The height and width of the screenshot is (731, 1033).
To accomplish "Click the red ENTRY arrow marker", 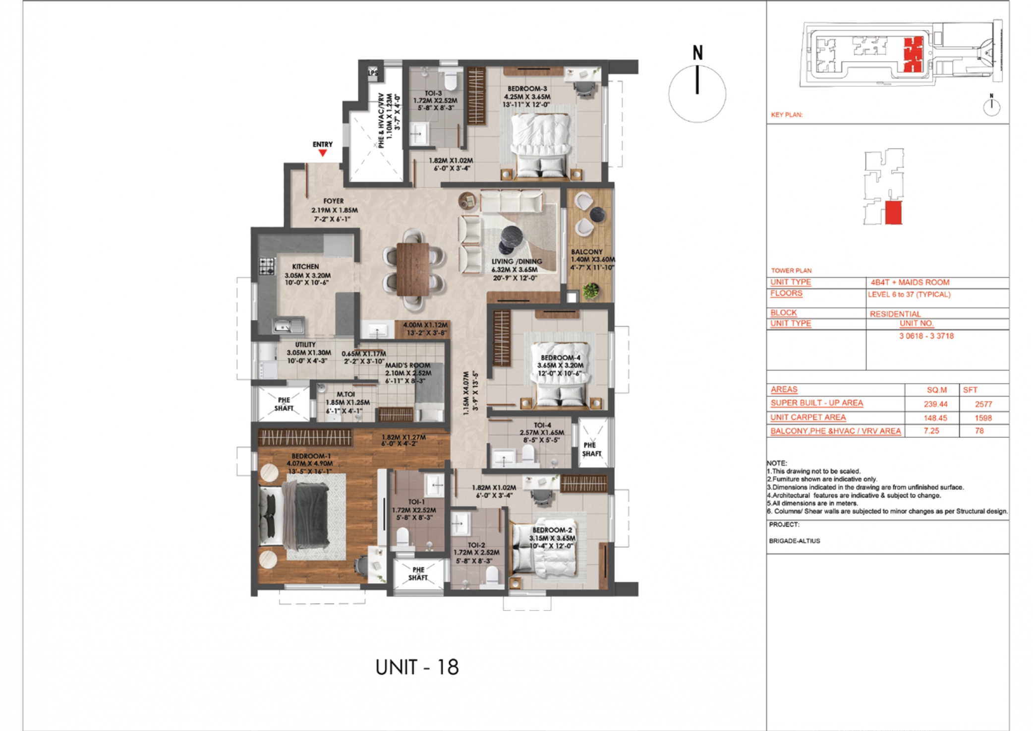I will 323,153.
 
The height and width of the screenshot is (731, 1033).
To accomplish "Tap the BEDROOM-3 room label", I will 527,89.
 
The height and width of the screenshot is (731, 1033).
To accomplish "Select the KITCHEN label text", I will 305,267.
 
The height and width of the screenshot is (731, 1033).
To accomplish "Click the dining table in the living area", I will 412,269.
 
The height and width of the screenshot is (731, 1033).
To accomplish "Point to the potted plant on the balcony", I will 590,291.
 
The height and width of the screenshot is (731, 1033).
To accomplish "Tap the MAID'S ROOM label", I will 407,365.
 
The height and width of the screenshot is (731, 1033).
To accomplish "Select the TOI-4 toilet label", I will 542,425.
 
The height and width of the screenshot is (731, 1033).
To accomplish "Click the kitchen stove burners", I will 267,266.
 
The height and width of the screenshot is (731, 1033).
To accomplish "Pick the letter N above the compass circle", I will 697,53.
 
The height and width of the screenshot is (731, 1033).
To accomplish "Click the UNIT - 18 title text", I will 417,668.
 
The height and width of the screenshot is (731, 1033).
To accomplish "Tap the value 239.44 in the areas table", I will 935,404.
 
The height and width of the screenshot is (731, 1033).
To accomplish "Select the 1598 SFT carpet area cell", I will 983,418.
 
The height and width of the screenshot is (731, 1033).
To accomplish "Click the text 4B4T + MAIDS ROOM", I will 910,282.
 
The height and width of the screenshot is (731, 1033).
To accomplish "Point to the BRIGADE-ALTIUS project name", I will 794,541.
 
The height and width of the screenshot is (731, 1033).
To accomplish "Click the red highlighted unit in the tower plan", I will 893,212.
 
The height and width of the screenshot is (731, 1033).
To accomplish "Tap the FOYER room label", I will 333,201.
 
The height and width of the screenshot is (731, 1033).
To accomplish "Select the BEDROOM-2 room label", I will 552,530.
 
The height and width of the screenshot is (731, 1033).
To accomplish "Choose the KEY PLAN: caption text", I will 787,115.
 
